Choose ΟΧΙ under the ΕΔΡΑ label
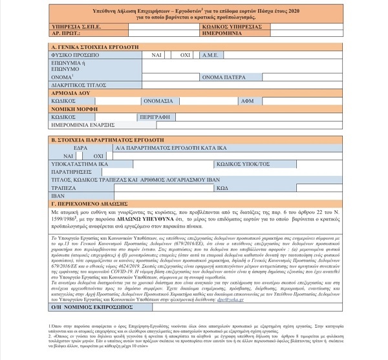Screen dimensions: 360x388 coord(98,156)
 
